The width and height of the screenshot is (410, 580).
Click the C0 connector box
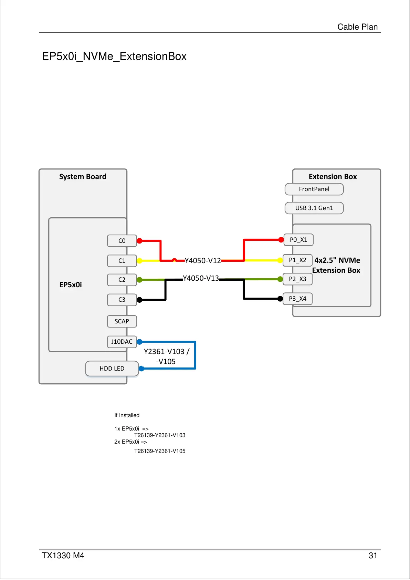[122, 241]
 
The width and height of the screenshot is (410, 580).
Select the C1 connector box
[122, 261]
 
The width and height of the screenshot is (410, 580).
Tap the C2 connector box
[122, 280]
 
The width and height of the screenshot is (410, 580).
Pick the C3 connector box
[122, 300]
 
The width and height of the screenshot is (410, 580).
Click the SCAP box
[122, 321]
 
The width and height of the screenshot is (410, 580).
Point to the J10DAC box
[122, 342]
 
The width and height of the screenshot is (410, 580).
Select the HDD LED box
[112, 369]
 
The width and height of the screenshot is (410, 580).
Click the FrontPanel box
[314, 189]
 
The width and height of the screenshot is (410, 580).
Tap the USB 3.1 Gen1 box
[314, 208]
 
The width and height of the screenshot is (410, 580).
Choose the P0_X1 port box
[298, 240]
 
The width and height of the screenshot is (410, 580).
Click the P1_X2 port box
[297, 260]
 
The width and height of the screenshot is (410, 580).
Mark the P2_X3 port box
[297, 279]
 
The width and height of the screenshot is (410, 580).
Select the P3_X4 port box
[297, 299]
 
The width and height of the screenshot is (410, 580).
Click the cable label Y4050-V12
[203, 261]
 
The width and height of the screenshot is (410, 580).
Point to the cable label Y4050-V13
[201, 278]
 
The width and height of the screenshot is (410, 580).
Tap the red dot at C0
[139, 241]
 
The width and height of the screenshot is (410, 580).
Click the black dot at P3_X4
[280, 299]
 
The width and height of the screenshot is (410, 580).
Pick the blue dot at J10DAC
[139, 342]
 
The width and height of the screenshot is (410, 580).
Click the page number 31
[373, 556]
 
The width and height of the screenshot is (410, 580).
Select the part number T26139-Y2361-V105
[160, 451]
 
